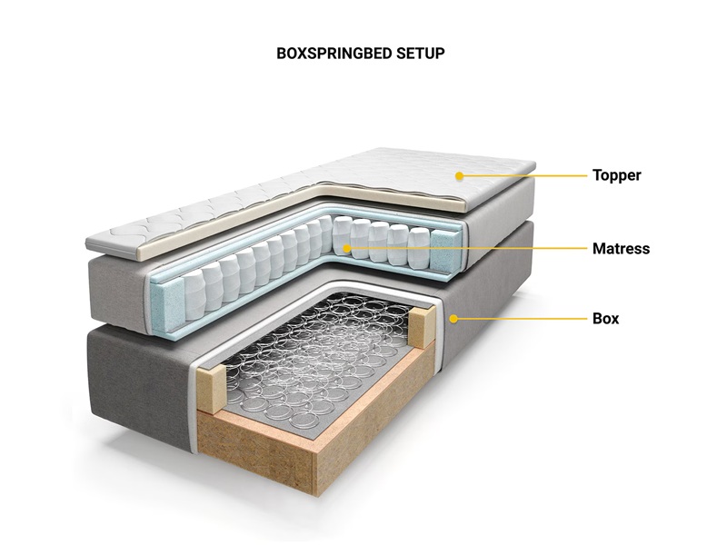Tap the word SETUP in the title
(x=421, y=54)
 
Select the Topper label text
(x=617, y=175)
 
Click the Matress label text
(x=621, y=248)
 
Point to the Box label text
(x=605, y=319)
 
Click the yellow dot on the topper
(x=459, y=175)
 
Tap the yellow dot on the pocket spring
(x=347, y=248)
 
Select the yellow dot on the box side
(x=453, y=319)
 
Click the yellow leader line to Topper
(x=525, y=175)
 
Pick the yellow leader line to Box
(x=522, y=319)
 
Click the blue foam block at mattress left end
(x=166, y=297)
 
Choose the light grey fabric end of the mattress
(x=118, y=291)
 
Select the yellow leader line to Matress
(x=469, y=248)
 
